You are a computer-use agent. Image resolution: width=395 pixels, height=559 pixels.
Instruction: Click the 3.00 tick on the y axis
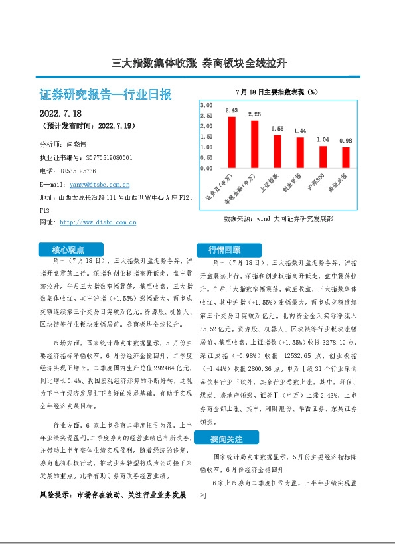206,106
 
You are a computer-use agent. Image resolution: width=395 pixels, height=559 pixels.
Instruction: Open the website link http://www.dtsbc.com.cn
98,222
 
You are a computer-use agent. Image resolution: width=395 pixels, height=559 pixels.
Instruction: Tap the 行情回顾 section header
224,250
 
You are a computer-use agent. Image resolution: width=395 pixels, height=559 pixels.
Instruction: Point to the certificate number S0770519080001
110,157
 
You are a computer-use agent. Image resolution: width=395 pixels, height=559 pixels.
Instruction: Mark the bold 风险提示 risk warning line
112,495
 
